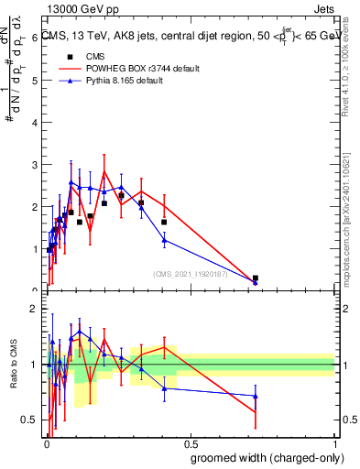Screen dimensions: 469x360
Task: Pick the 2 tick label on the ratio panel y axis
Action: click(x=36, y=309)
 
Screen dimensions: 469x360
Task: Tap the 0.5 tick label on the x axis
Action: click(x=191, y=443)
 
